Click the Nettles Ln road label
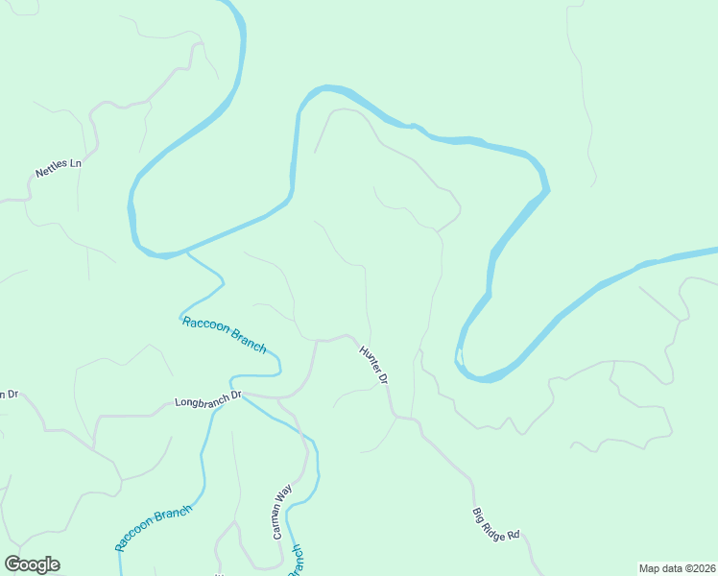tap(59, 169)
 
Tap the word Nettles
tap(53, 171)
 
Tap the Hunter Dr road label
tap(373, 365)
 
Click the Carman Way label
tap(282, 511)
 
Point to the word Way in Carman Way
tap(285, 494)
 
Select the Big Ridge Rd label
tap(495, 523)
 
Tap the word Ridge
tap(496, 525)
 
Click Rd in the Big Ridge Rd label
tap(513, 534)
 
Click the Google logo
tap(32, 564)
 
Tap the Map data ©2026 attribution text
tap(677, 568)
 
